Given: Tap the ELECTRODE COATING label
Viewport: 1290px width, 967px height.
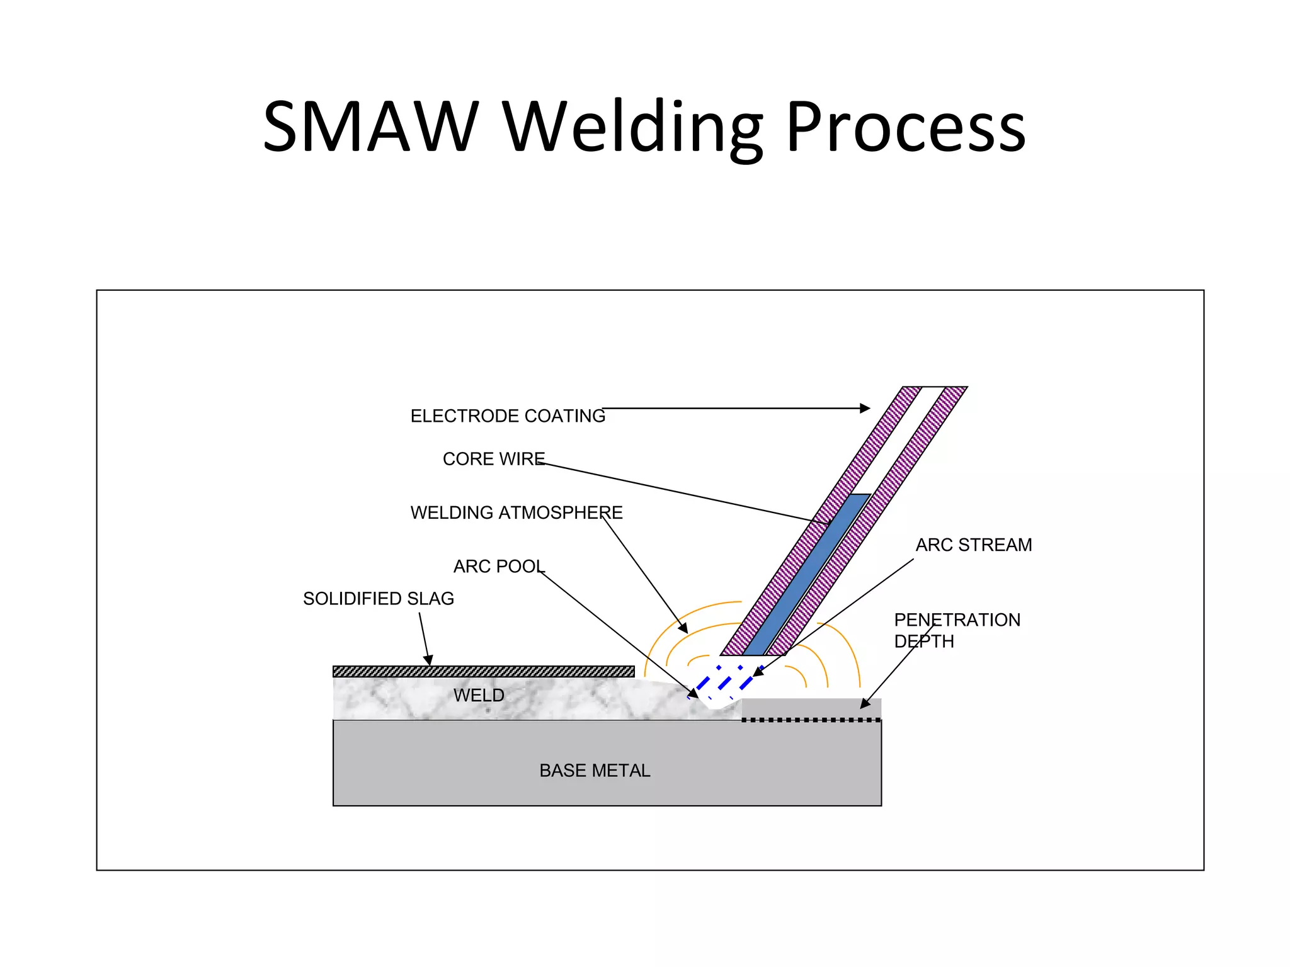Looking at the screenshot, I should tap(508, 416).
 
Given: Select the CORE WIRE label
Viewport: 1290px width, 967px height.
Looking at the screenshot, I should tap(494, 459).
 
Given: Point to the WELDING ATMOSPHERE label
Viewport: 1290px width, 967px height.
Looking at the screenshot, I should tap(517, 512).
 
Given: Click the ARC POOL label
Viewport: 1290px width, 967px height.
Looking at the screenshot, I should tap(499, 567).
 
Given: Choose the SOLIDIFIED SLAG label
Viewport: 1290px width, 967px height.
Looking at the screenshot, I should tap(379, 599).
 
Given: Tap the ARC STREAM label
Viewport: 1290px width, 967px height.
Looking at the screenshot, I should tap(974, 545).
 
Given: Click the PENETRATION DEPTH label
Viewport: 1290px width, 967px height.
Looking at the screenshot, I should tap(956, 631).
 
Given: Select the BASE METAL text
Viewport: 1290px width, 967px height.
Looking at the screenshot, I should tap(595, 771).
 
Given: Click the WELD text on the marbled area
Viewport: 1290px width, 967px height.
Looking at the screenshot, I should tap(479, 696).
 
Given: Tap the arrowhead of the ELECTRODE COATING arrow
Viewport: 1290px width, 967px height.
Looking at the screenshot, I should tap(865, 409).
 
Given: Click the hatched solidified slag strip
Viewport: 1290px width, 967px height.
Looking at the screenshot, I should tap(483, 671).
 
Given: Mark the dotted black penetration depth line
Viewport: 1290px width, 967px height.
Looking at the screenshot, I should tap(811, 720).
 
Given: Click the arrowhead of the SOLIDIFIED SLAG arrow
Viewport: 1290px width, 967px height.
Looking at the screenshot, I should tap(428, 660).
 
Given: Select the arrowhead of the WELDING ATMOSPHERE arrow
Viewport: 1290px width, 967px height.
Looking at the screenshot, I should tap(683, 628).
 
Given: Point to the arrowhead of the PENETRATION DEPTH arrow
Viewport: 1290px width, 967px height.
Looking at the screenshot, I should tap(865, 704).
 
